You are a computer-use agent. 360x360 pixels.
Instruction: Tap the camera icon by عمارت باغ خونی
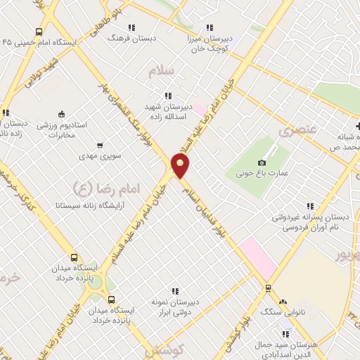point(262,162)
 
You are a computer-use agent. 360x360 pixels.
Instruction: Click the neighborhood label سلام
point(160,71)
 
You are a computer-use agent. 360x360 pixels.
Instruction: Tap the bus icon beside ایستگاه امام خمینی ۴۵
point(38,32)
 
